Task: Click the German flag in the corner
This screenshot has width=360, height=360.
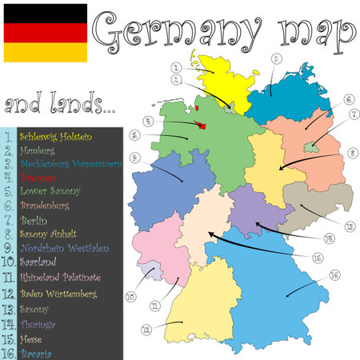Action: [x=45, y=32]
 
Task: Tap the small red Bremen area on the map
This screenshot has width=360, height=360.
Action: [x=198, y=125]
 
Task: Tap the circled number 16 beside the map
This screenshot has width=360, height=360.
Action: [x=334, y=275]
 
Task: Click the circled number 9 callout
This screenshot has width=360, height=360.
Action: [x=135, y=157]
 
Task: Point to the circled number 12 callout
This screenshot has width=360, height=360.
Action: [x=146, y=329]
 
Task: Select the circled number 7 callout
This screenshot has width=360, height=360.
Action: [x=354, y=114]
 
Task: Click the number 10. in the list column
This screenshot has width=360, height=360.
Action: [x=9, y=261]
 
